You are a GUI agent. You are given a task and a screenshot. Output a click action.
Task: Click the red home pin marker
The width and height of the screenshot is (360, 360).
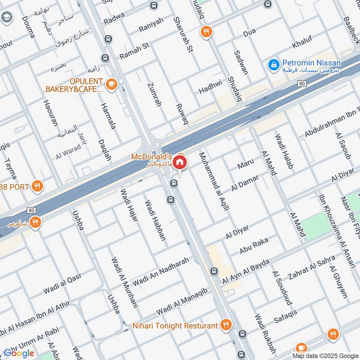(x=180, y=162)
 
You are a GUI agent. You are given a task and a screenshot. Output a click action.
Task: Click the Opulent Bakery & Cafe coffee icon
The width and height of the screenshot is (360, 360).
(x=111, y=83)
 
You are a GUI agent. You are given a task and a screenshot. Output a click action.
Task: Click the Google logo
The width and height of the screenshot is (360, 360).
(x=19, y=352)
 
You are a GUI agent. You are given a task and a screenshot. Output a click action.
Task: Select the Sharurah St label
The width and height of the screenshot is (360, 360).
(x=183, y=35)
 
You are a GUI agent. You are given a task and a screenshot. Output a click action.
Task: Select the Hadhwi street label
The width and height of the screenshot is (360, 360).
(x=211, y=87)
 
